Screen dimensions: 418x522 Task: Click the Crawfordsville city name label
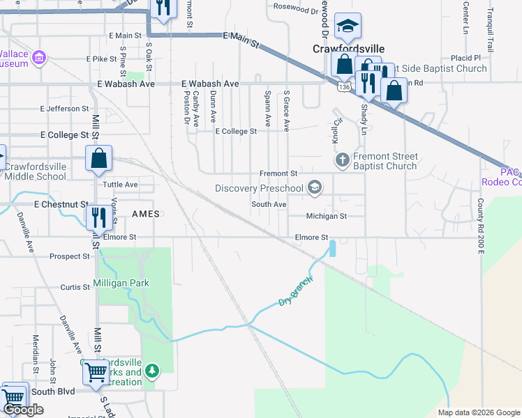coord(347,49)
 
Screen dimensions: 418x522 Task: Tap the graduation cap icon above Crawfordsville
coord(347,27)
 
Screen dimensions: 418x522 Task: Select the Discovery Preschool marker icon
coord(315,187)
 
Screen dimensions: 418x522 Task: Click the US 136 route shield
coord(343,87)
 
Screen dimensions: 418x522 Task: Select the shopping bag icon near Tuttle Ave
coord(99,159)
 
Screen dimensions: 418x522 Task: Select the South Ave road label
coord(269,204)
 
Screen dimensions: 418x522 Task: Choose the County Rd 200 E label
coord(480,224)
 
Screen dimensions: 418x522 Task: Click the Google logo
coord(23,410)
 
